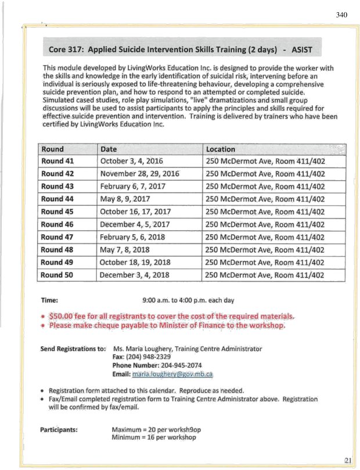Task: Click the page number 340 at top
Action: [341, 15]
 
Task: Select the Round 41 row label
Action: [60, 161]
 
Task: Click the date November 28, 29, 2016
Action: [139, 174]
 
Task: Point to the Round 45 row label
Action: [60, 211]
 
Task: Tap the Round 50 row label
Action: [60, 275]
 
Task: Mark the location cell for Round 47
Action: [265, 237]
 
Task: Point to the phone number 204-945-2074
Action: [177, 366]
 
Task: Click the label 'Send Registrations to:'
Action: [73, 349]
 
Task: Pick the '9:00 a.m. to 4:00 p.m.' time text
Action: [188, 300]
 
